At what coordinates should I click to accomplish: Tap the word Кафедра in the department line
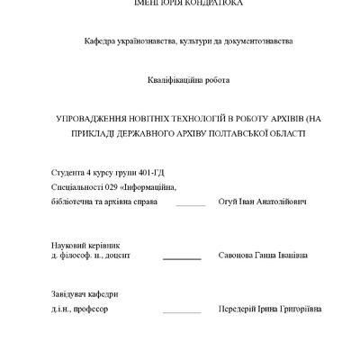coord(102,41)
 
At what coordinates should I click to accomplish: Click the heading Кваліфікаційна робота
coord(189,80)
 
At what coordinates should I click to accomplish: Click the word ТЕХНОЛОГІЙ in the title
coord(192,118)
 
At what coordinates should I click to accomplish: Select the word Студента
coord(68,172)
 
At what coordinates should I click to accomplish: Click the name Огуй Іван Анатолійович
coord(263,202)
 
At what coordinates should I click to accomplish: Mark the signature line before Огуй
coord(191,205)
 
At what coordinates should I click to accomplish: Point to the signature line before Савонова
coord(181,259)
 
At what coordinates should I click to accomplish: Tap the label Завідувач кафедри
coord(85,294)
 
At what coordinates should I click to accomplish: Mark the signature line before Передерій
coord(182,312)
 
